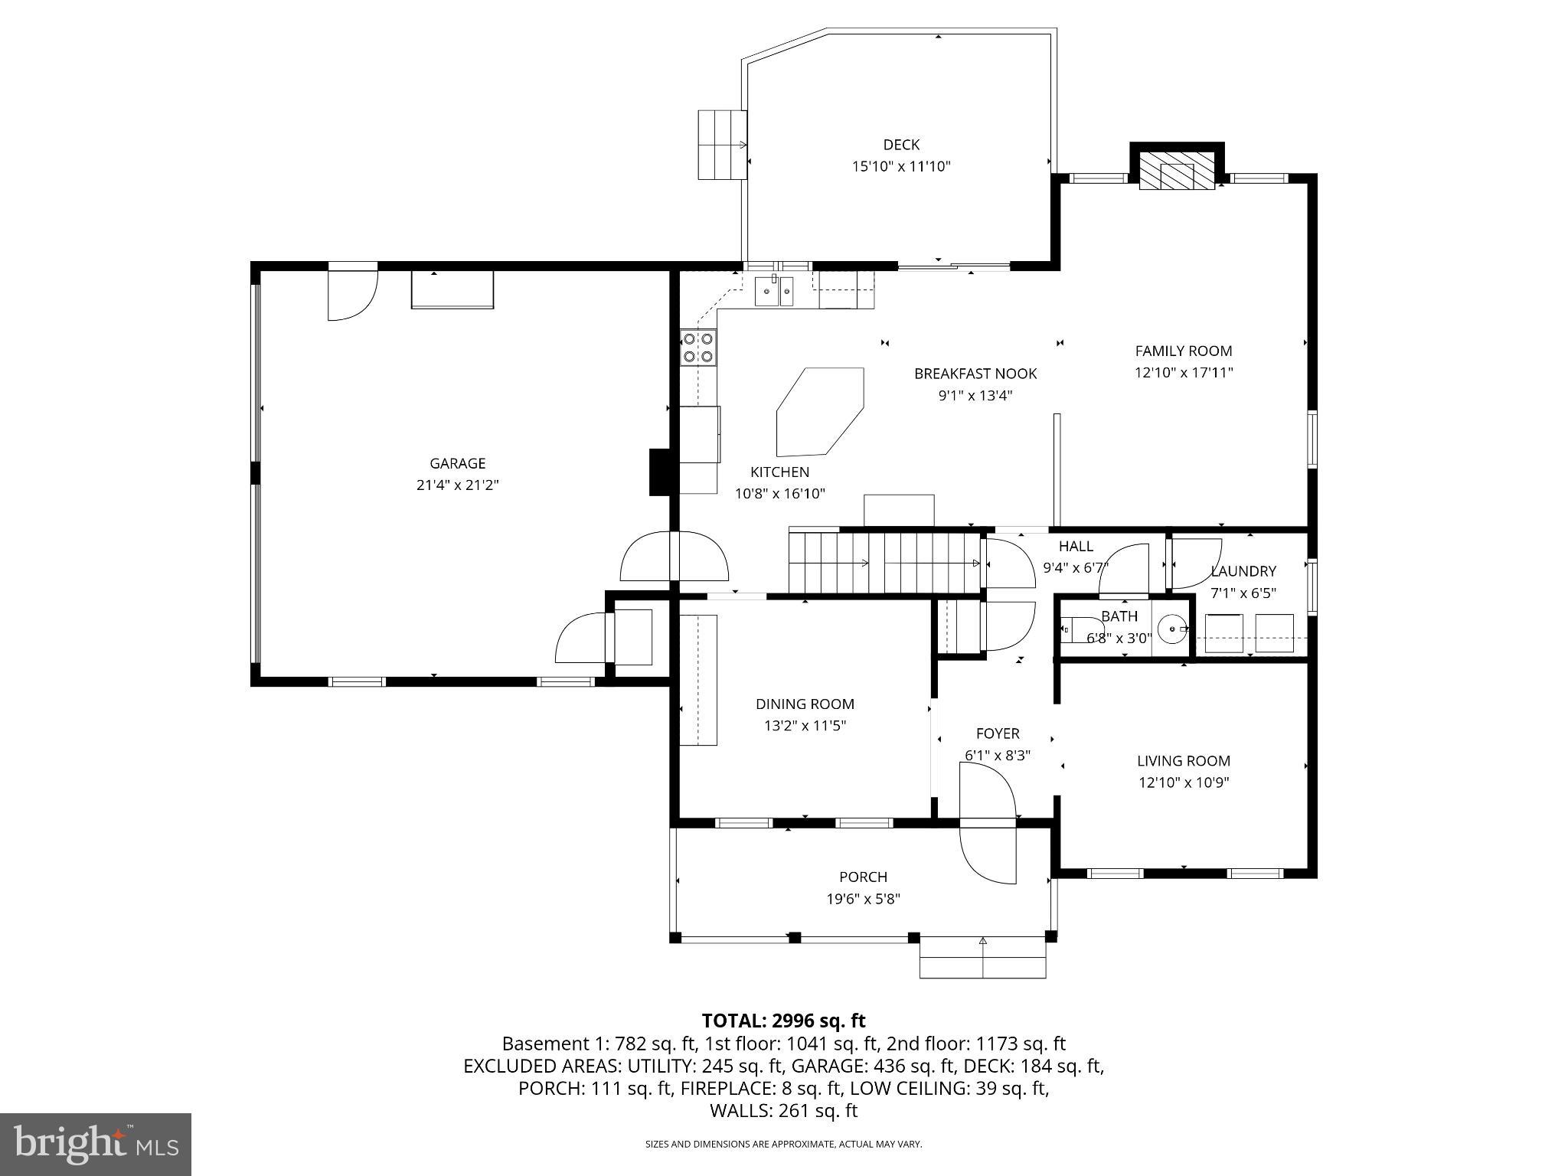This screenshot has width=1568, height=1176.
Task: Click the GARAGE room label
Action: coord(457,463)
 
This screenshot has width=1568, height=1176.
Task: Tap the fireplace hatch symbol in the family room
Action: coord(1177,170)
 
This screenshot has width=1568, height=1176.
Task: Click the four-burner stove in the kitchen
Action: coord(697,347)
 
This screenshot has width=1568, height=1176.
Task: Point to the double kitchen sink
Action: coord(774,292)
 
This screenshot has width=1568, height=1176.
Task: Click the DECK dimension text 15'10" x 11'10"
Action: coord(901,166)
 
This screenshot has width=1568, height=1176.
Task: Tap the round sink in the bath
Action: coord(1171,629)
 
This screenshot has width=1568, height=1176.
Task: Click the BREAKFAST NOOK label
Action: coord(975,374)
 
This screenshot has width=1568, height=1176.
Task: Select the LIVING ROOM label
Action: coord(1183,761)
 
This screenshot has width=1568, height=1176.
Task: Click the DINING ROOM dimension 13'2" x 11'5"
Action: coord(805,726)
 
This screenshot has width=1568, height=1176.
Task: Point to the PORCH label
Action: coord(863,877)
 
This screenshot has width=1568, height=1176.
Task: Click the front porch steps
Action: coord(982,958)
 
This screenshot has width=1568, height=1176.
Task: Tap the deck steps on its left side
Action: coord(721,145)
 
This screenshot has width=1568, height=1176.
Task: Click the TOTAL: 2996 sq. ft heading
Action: coord(783,1021)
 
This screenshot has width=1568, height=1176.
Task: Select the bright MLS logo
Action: coord(96,1144)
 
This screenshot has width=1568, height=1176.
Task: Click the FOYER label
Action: coord(998,733)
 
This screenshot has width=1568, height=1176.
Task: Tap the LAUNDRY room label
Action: coord(1243,571)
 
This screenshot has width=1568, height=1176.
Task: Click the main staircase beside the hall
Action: coord(884,563)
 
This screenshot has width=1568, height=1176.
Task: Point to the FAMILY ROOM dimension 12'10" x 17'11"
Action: coord(1184,373)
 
